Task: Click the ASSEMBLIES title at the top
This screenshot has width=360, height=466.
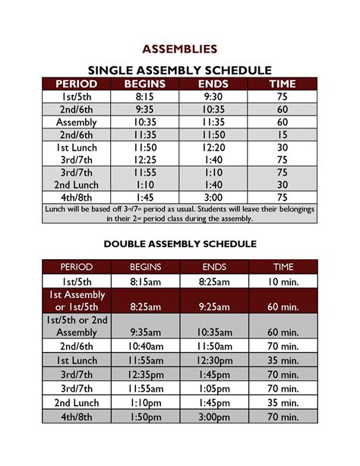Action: (x=180, y=49)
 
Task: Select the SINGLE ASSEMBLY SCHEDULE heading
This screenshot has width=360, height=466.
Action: (x=180, y=69)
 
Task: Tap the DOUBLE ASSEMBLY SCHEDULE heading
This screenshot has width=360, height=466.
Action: (x=180, y=244)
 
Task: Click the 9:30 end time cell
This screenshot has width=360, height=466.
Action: (x=213, y=97)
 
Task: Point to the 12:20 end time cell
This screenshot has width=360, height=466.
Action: (x=213, y=147)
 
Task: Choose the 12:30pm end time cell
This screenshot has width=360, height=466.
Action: (x=213, y=360)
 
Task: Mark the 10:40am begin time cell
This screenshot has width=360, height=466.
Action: (x=145, y=346)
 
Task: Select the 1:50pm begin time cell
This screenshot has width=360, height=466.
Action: (x=145, y=416)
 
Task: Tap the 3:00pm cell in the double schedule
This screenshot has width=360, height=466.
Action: (x=213, y=416)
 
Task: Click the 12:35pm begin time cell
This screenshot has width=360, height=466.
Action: (x=145, y=374)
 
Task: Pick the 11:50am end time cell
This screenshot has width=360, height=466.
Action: (x=213, y=346)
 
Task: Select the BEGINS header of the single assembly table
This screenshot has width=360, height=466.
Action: (x=145, y=84)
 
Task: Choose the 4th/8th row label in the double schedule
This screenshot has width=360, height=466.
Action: (x=76, y=416)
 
